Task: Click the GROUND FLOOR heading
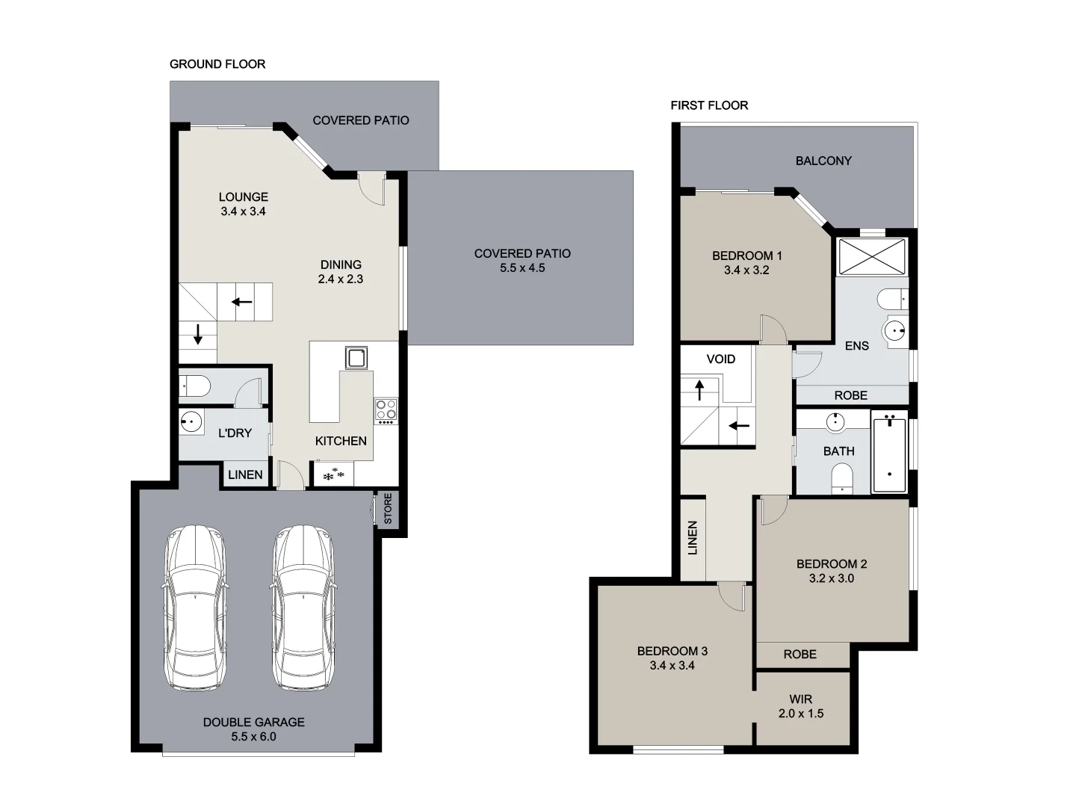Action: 217,64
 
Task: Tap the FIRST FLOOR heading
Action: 709,105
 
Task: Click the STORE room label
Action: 388,509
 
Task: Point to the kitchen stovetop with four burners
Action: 386,410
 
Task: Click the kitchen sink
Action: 356,358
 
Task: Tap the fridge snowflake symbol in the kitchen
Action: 333,474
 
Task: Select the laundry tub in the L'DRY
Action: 192,422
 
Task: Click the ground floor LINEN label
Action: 245,474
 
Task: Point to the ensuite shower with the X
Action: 871,256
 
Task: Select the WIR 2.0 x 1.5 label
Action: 800,706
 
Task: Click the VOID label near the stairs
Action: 721,359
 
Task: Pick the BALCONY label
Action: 823,161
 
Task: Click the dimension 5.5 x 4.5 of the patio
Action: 522,268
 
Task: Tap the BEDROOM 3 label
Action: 672,652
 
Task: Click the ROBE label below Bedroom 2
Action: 800,655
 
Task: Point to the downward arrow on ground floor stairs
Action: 198,334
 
